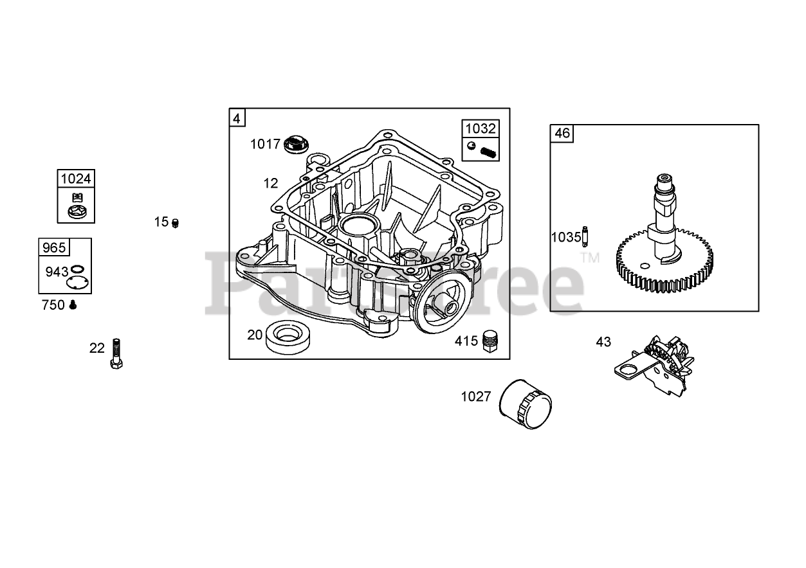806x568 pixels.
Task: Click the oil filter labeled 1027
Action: point(526,404)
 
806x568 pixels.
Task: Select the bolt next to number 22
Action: point(116,353)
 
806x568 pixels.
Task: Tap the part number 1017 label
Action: point(265,145)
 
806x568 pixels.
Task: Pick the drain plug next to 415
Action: point(491,341)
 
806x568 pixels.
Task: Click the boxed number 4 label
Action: point(237,118)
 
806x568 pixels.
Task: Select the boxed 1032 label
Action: point(481,129)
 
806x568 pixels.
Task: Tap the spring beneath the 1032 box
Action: point(489,152)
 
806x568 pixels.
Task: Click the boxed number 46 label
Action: point(562,134)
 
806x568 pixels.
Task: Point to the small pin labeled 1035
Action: point(585,236)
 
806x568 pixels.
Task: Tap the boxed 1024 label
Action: point(75,179)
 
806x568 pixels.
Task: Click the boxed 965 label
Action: point(53,247)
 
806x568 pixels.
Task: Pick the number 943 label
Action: point(56,272)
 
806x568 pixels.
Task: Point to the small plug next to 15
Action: point(175,223)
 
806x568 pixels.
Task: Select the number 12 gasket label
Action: point(270,183)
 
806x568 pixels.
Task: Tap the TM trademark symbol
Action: point(589,258)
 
